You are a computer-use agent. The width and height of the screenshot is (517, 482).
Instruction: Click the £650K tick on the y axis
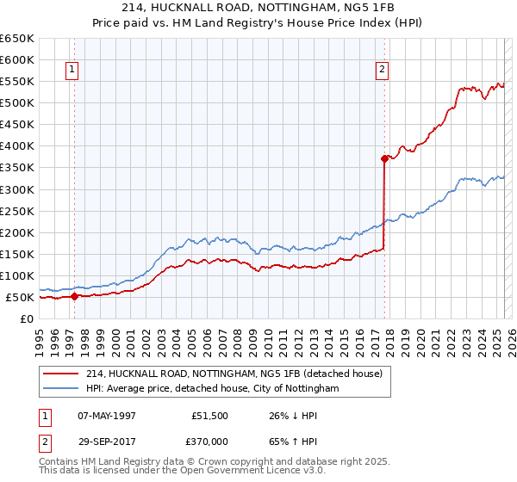point(17,39)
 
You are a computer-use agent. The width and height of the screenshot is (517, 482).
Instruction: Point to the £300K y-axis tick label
point(17,189)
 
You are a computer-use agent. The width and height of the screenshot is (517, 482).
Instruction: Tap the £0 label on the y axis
point(26,319)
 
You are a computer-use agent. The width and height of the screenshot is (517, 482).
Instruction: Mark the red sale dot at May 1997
point(74,296)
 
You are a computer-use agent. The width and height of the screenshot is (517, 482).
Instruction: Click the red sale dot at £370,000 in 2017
point(384,158)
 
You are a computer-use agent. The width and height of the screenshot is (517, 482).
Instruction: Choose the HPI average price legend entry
point(212,389)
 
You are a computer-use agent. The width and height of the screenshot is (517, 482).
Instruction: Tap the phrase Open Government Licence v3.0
point(243,472)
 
